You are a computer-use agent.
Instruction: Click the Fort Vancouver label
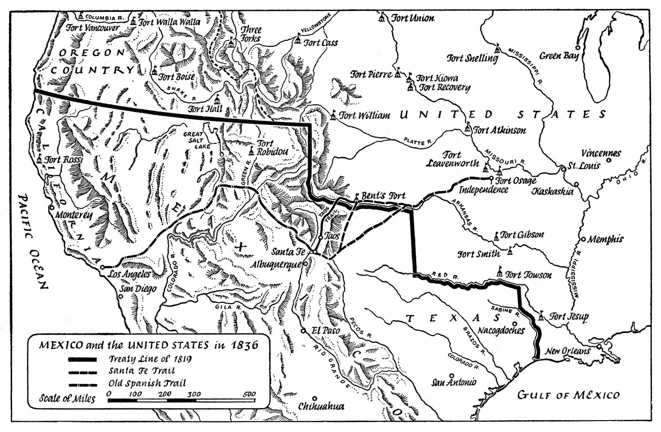point(93,28)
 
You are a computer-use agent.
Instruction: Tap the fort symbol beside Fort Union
point(382,17)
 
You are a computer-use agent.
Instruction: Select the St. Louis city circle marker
point(563,169)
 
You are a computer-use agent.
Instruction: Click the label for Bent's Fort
point(383,196)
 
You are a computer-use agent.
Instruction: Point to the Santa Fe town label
point(288,251)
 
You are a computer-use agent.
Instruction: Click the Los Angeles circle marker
point(102,267)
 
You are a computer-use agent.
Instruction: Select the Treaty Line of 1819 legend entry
point(150,359)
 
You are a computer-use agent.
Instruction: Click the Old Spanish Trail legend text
point(147,383)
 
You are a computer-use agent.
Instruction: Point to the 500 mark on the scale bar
point(249,394)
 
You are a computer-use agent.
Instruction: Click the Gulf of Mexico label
point(568,395)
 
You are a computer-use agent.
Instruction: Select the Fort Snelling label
point(472,59)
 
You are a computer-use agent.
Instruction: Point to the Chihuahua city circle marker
point(314,398)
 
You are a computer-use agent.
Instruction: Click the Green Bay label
point(559,56)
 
